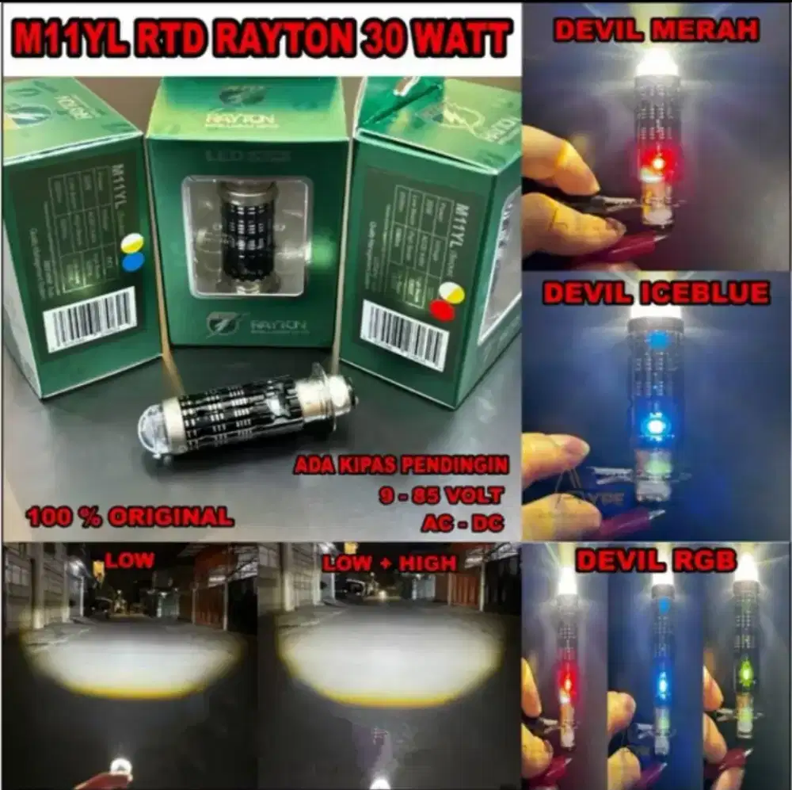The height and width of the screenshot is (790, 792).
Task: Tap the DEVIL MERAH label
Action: tap(656, 31)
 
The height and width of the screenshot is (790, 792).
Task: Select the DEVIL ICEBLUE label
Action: tap(655, 294)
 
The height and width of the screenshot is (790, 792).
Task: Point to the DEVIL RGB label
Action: tap(655, 560)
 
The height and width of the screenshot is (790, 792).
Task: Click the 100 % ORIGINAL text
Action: tap(130, 517)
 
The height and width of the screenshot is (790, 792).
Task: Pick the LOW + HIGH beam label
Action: tap(389, 563)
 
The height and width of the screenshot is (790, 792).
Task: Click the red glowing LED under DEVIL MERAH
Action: tap(657, 163)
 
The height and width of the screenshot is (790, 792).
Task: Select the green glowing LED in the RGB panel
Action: tap(744, 674)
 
